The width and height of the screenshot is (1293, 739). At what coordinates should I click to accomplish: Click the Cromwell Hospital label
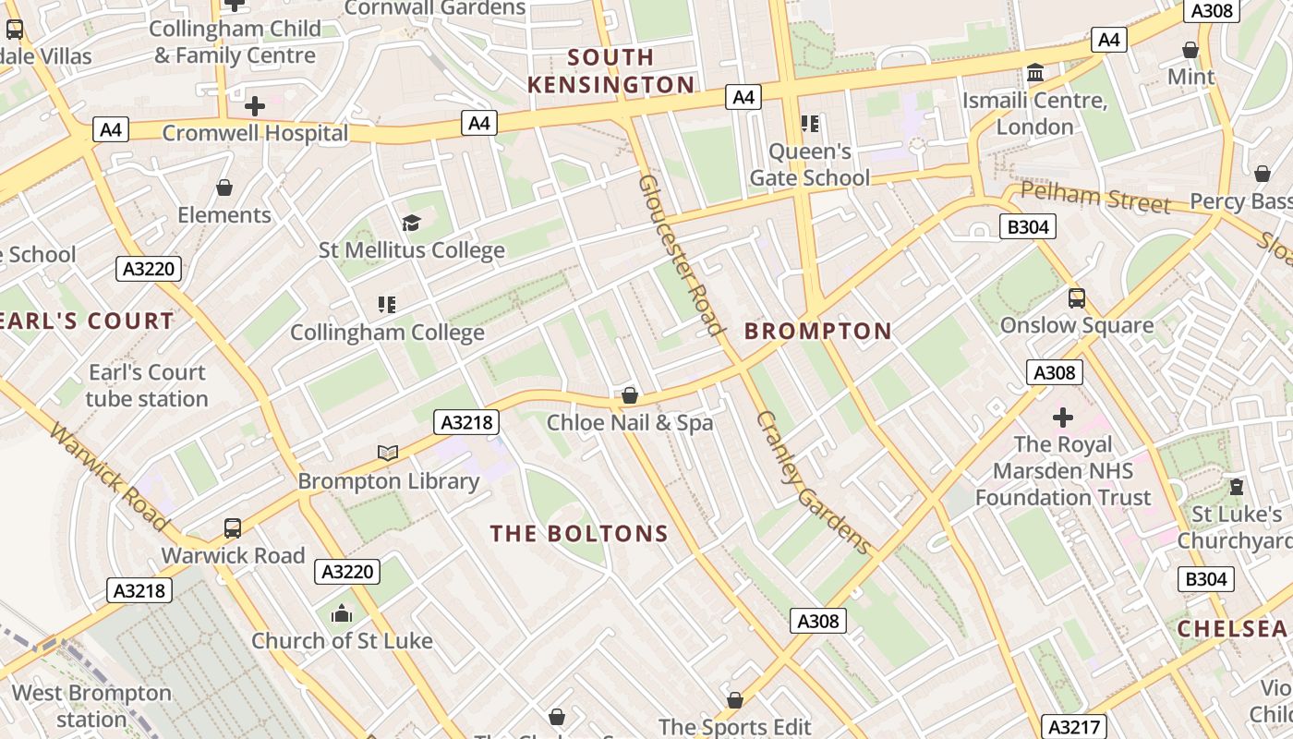(255, 133)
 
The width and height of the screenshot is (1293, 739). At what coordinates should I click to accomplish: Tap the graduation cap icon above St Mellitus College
(411, 223)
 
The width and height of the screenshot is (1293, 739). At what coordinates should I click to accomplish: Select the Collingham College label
(387, 333)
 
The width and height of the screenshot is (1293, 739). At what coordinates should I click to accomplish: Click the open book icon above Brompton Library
(388, 453)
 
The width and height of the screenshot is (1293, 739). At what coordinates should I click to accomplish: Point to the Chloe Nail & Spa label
(630, 423)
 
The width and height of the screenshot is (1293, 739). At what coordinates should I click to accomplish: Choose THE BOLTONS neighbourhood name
(579, 534)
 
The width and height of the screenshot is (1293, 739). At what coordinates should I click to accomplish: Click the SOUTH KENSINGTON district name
(610, 71)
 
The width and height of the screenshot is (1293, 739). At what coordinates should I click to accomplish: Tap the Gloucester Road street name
(679, 254)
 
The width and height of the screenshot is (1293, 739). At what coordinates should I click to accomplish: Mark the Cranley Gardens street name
(814, 482)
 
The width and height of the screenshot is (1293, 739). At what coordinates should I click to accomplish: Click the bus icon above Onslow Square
(1076, 297)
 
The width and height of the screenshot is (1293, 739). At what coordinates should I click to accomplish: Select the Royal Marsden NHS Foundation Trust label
(1063, 471)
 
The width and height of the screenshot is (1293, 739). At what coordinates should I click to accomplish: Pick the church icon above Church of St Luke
(342, 613)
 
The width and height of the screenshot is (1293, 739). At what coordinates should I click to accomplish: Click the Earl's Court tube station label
(147, 385)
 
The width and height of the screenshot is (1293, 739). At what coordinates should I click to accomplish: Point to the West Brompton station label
(91, 706)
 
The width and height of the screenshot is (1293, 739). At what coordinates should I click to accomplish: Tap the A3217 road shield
(1073, 726)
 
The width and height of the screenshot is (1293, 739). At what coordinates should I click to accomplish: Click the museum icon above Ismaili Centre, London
(1035, 72)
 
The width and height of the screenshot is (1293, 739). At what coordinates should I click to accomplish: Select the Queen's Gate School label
(810, 164)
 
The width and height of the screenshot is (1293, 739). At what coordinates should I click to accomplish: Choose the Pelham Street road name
(1094, 198)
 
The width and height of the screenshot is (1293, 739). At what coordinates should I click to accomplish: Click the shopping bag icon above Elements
(224, 188)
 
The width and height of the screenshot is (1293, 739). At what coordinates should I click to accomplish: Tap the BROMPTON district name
(818, 331)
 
